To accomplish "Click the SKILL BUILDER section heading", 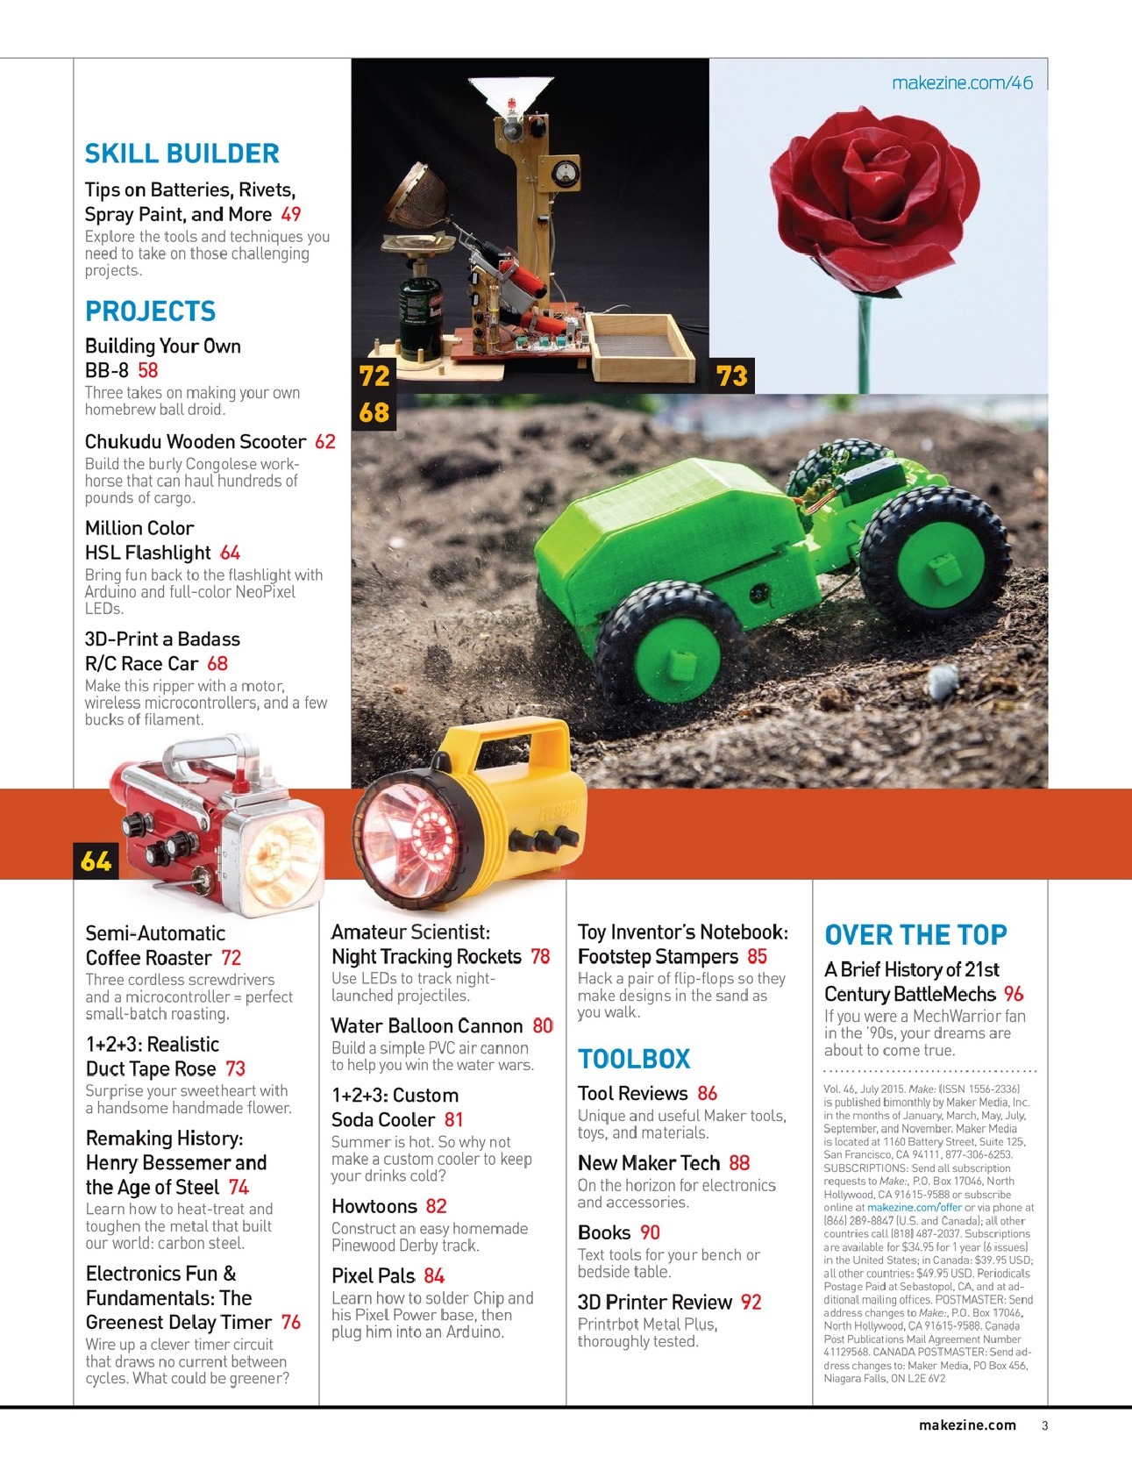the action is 182,154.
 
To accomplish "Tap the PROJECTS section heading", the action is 150,311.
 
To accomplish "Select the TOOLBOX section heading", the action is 634,1059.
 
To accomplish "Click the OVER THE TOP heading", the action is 915,935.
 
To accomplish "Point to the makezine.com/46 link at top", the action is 962,83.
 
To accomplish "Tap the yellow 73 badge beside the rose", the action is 731,376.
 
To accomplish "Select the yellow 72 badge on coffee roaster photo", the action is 374,376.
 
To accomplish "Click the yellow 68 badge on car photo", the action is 374,412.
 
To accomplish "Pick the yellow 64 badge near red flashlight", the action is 96,861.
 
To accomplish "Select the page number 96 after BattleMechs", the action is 1014,994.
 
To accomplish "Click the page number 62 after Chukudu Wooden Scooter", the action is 325,441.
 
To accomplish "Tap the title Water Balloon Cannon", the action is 427,1025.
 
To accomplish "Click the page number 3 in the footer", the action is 1044,1425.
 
